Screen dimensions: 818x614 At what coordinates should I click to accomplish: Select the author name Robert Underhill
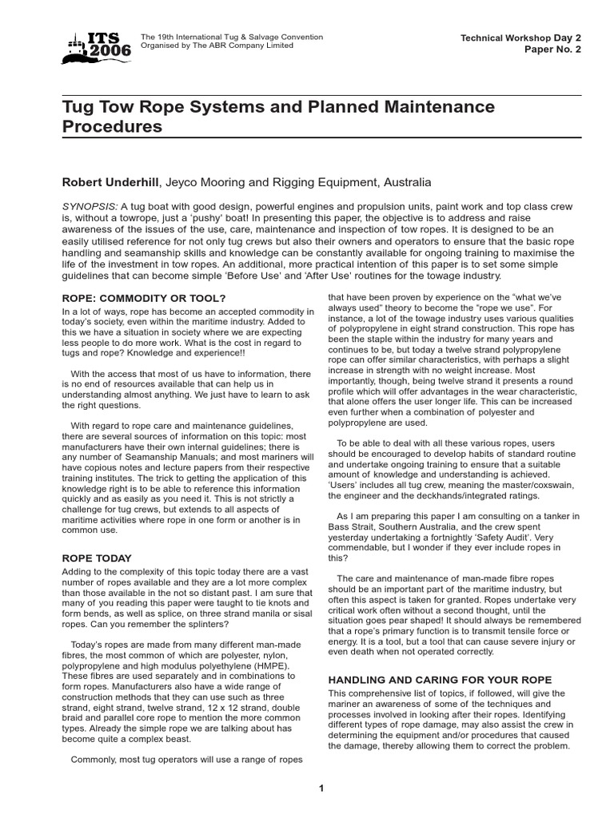(111, 182)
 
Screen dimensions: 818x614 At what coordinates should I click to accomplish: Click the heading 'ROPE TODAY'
(97, 558)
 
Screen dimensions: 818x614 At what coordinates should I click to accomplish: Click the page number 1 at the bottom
(321, 788)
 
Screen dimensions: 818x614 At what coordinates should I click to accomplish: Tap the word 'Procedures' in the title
(112, 126)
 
